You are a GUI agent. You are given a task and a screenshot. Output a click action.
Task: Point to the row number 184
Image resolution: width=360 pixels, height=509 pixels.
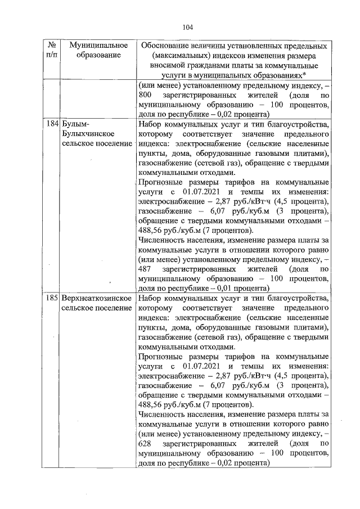tap(53, 124)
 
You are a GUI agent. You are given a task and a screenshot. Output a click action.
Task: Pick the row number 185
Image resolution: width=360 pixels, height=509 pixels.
tap(53, 298)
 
